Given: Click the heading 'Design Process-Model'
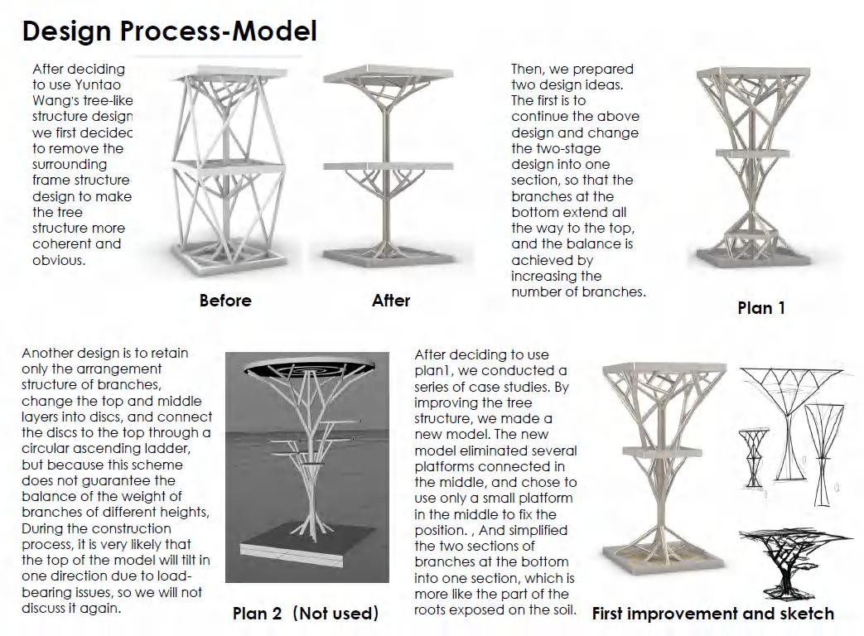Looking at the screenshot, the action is click(169, 31).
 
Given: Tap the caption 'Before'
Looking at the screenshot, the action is click(225, 301).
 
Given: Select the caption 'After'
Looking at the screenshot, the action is click(391, 301).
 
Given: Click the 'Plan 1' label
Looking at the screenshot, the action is click(761, 308).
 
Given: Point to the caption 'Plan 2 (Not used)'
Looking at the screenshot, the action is click(306, 614).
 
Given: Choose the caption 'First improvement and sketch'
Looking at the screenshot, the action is click(713, 614).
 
